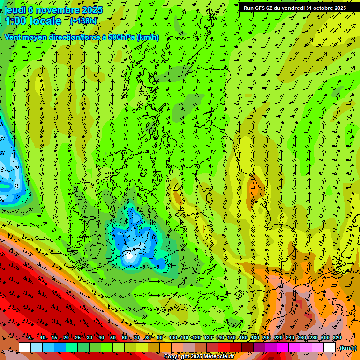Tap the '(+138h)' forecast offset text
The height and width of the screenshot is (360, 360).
83,21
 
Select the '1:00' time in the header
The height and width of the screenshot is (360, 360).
15,22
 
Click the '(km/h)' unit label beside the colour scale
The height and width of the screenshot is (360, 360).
348,348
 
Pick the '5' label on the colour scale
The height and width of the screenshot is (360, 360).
30,338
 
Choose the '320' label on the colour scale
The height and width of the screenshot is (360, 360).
337,338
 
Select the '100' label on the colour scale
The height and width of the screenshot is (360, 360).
173,338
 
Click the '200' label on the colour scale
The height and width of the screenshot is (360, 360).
267,338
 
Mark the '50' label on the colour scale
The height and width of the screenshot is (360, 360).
113,338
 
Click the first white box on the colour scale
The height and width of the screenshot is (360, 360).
25,347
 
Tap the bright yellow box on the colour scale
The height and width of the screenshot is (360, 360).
142,347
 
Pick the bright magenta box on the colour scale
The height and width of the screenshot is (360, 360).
283,347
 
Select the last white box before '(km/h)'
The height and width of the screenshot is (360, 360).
330,347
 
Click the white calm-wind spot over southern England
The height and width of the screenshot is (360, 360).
128,256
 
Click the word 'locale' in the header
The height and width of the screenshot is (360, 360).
45,22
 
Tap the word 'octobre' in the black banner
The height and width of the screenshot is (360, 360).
323,8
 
